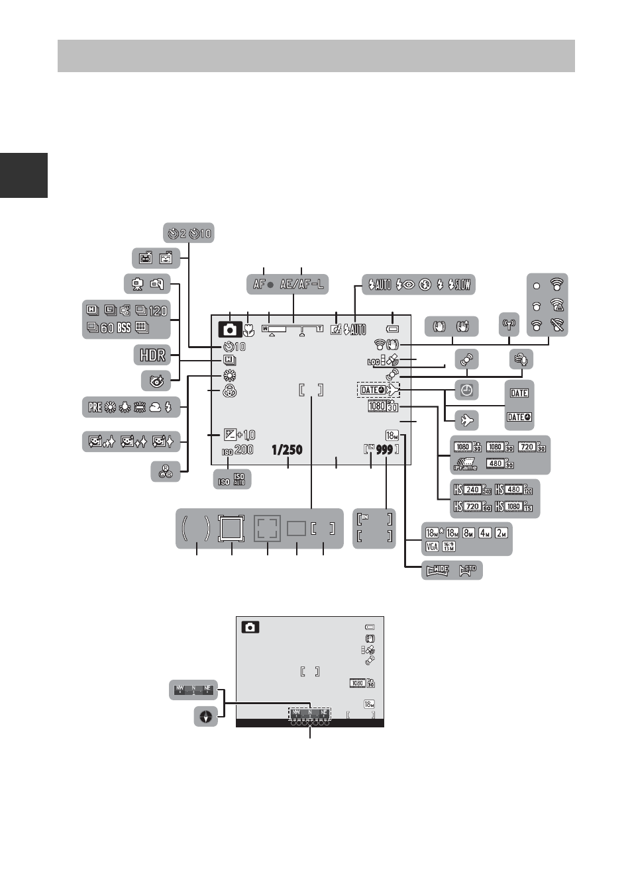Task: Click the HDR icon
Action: [152, 355]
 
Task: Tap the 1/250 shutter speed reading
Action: [287, 450]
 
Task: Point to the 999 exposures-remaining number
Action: [384, 450]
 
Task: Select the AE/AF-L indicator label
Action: [302, 285]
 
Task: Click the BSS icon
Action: [124, 328]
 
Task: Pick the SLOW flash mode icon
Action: [460, 285]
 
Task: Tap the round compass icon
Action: [207, 715]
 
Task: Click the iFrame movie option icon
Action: [465, 464]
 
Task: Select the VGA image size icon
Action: [432, 547]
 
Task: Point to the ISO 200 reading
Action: [238, 450]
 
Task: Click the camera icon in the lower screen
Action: [250, 627]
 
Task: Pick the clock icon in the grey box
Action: [466, 390]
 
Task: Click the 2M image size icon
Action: [501, 532]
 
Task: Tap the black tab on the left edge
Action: [24, 175]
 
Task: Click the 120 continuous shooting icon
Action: [152, 311]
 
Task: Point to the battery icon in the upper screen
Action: [394, 329]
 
